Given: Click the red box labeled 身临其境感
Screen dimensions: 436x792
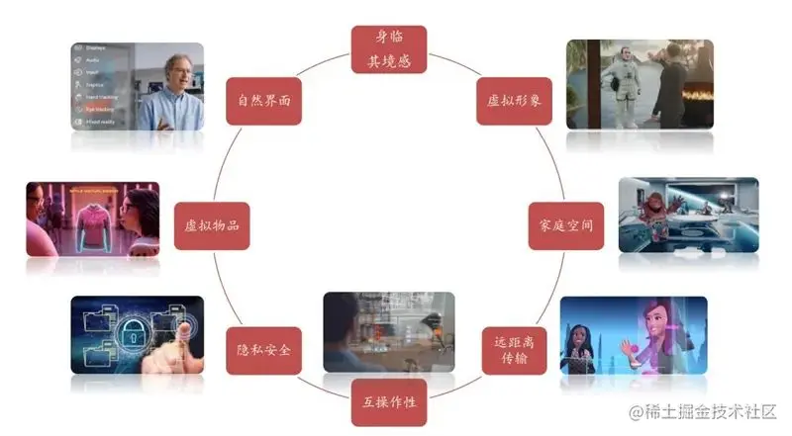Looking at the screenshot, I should pyautogui.click(x=389, y=49).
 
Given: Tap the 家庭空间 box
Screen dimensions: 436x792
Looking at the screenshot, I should pyautogui.click(x=561, y=225).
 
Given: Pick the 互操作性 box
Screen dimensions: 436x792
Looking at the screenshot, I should pyautogui.click(x=389, y=402).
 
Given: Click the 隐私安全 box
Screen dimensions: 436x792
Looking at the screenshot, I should pyautogui.click(x=263, y=350).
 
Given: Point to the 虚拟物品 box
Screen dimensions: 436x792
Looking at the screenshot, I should pyautogui.click(x=212, y=225).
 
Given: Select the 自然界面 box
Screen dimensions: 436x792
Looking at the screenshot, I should pyautogui.click(x=263, y=101).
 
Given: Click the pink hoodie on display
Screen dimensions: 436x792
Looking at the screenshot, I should pyautogui.click(x=89, y=218).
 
